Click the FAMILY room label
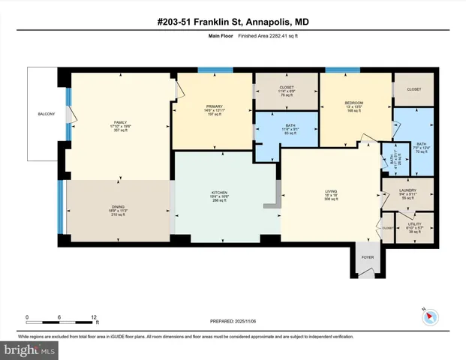(119, 121)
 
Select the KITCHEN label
(219, 193)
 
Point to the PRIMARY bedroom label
(215, 106)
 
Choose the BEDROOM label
(354, 102)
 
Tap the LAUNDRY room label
(407, 190)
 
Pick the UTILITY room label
(415, 223)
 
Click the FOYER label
(368, 256)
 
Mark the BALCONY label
(47, 114)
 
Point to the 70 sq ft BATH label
(422, 144)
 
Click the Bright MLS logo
(30, 349)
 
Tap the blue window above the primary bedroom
(215, 70)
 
